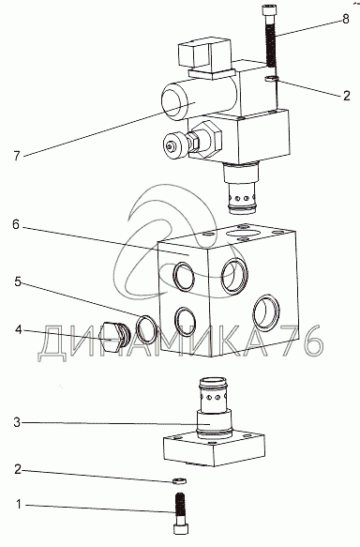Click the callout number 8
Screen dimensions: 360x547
[345, 19]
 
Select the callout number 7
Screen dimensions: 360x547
[17, 155]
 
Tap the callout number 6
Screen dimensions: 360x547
[16, 224]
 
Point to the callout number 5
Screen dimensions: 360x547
[18, 281]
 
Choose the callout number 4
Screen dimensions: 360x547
[18, 329]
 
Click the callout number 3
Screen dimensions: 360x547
[17, 423]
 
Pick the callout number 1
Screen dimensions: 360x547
[19, 504]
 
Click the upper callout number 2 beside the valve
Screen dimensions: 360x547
[346, 96]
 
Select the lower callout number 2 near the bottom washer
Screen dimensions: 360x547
[18, 469]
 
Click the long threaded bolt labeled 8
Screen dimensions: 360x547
[270, 37]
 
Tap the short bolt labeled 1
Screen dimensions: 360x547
[180, 513]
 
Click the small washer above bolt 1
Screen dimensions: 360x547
[179, 481]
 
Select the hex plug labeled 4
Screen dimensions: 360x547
[114, 338]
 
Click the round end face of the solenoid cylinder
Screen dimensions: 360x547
[175, 103]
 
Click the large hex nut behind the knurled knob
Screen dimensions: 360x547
[209, 139]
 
